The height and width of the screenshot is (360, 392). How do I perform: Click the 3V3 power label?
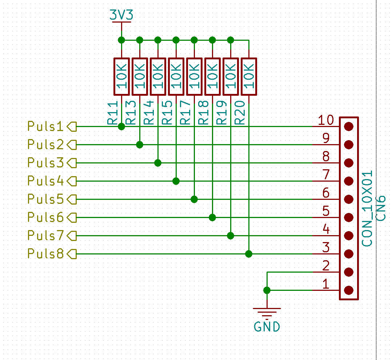coord(121,15)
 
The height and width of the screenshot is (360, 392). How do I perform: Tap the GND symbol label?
coord(267,327)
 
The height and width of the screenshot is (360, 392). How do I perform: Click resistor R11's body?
coord(121,76)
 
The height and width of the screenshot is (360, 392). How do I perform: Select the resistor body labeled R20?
coord(249,76)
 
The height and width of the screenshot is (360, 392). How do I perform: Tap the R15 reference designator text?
coord(167,112)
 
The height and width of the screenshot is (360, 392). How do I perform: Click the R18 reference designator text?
coord(203,112)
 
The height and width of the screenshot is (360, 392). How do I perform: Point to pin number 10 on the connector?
coord(326,120)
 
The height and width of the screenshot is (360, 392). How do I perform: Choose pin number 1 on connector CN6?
coord(325,284)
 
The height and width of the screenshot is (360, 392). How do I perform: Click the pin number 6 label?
coord(326,193)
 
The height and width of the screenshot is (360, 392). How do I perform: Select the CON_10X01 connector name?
coord(367,209)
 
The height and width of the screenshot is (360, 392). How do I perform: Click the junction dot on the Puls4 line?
coord(176,181)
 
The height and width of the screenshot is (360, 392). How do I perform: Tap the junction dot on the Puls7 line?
coord(231,236)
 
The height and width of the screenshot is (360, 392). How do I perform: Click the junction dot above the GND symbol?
coord(267,290)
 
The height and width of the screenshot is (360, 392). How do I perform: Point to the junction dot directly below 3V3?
coord(121,40)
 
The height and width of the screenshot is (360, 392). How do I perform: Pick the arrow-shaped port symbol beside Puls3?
coord(72,163)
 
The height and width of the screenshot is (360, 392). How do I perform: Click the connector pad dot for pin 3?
coord(349,254)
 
